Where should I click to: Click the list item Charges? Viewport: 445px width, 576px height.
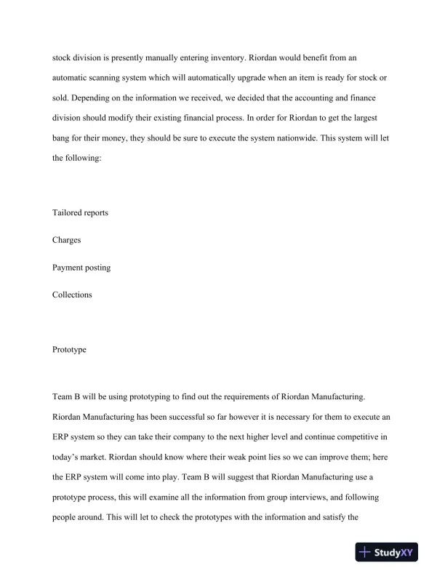pyautogui.click(x=67, y=239)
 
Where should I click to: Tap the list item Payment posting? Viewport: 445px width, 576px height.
pyautogui.click(x=81, y=267)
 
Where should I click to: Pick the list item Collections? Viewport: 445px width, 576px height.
pyautogui.click(x=72, y=295)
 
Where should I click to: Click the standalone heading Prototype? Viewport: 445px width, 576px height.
pyautogui.click(x=69, y=349)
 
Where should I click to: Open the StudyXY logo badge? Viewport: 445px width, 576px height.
pyautogui.click(x=390, y=552)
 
